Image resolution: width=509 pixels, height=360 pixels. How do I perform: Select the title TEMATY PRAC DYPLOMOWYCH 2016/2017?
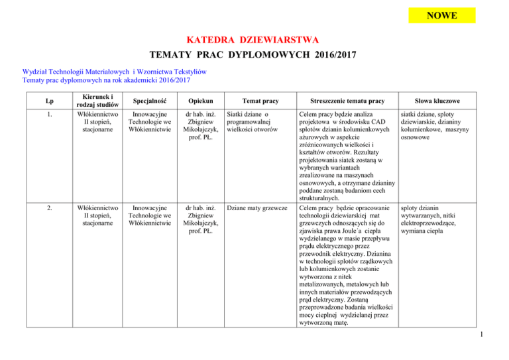coord(254,55)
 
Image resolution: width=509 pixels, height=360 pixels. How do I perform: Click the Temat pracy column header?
coord(254,100)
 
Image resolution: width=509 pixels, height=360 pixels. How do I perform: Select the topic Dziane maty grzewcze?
coord(255,208)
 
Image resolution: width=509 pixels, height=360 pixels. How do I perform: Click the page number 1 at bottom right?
coord(501,344)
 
